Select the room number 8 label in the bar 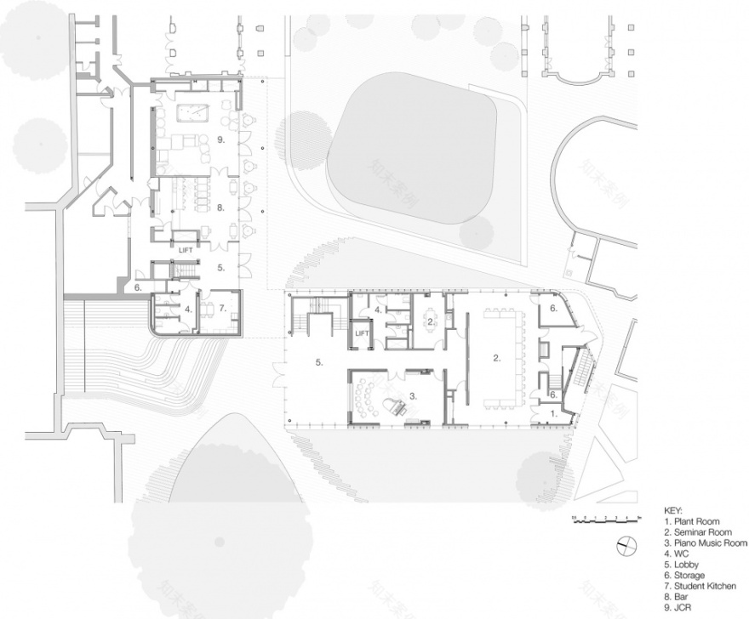point(219,207)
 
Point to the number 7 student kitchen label point(222,308)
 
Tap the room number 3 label point(413,395)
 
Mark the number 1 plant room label point(554,412)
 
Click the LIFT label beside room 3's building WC point(363,333)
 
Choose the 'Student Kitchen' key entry point(702,587)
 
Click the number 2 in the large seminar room point(496,358)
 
